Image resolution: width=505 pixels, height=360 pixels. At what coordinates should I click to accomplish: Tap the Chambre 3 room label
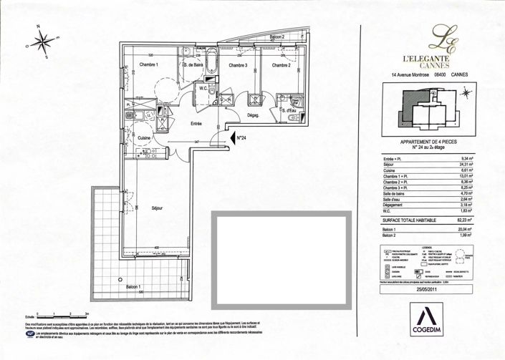pos(238,66)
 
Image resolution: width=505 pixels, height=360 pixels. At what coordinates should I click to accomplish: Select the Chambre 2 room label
pos(281,66)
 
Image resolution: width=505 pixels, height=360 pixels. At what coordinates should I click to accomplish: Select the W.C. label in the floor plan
pos(203,89)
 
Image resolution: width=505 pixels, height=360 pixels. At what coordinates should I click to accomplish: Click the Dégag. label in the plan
pos(253,116)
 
